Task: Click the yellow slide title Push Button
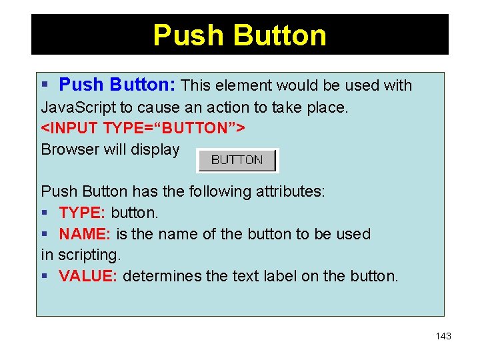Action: tap(239, 35)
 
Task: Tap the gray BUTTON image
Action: tap(237, 160)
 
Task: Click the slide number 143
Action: tap(443, 336)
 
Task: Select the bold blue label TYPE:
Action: tap(83, 213)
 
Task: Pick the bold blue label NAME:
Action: tap(85, 234)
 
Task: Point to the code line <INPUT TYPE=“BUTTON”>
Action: tap(143, 128)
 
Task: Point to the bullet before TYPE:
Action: tap(45, 213)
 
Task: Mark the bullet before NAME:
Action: tap(45, 235)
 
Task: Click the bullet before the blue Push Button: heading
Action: tap(45, 85)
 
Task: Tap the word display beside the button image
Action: tap(158, 149)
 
